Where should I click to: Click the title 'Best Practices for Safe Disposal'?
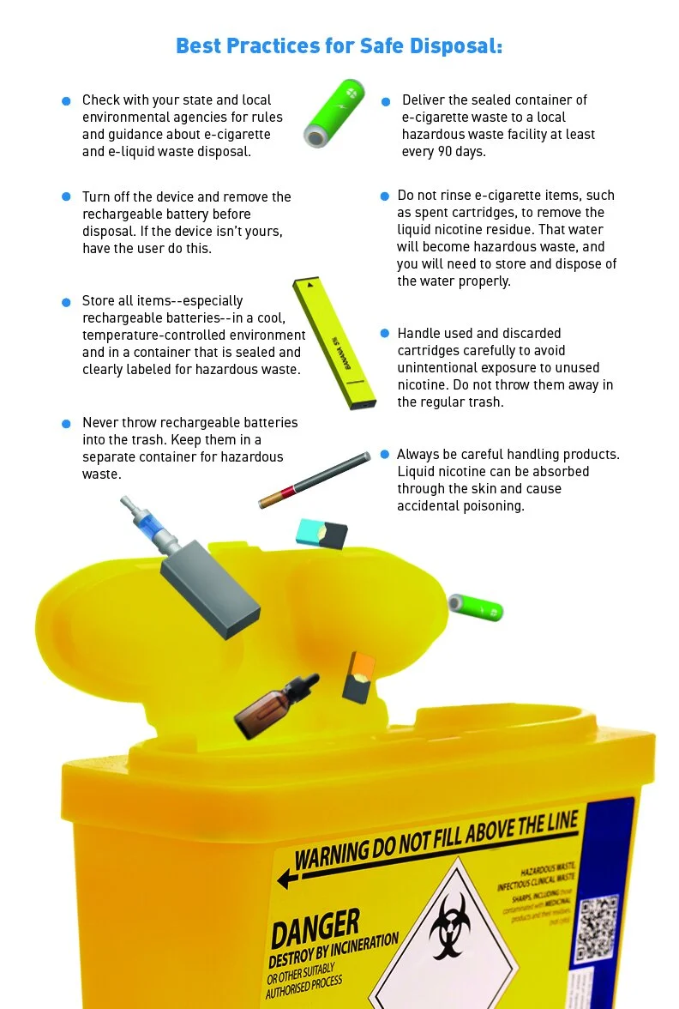339,45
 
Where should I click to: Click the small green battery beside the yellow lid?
476,607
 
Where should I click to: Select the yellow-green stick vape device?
334,343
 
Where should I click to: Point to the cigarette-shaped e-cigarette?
315,480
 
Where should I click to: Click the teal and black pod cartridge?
321,533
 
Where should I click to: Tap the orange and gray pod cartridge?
358,678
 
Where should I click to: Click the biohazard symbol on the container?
450,930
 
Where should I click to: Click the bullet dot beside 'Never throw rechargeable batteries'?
66,424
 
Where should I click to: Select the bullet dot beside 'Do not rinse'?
385,196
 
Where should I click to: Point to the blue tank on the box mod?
153,531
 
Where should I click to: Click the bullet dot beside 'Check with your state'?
66,101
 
